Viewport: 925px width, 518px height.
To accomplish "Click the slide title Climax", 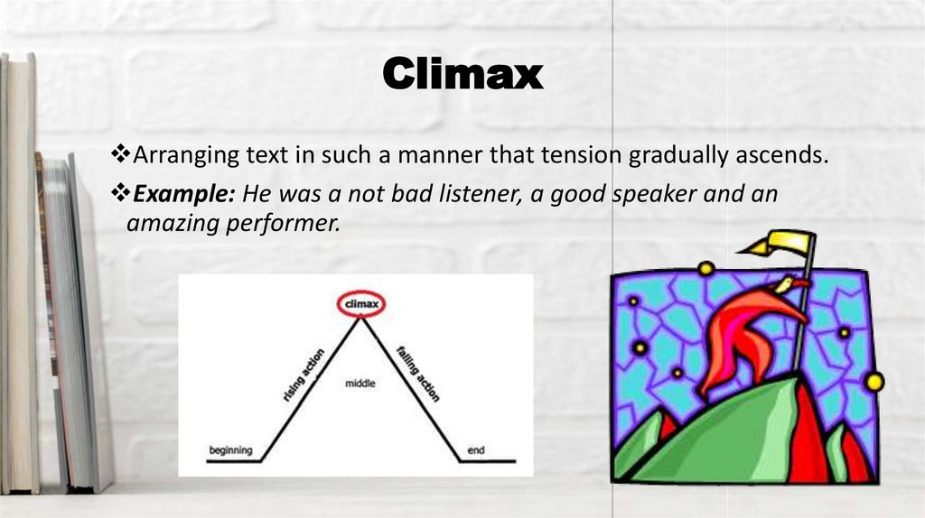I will coord(462,74).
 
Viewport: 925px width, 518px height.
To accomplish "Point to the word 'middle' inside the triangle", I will coord(360,384).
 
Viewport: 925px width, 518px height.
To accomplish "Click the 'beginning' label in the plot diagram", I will coord(230,449).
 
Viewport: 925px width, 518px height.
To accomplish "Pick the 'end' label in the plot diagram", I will coord(475,449).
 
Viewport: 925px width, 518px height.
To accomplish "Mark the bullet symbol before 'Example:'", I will coord(117,194).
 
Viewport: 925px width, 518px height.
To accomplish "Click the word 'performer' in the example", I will coord(276,222).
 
